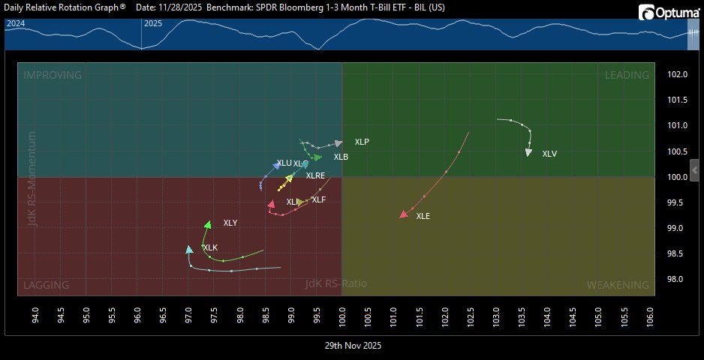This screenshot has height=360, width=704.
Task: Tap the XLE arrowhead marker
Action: [403, 215]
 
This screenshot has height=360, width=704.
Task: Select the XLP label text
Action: [362, 142]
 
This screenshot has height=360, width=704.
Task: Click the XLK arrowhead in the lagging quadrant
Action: [189, 250]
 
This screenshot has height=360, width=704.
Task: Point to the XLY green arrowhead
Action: [208, 224]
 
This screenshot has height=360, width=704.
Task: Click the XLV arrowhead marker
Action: [528, 153]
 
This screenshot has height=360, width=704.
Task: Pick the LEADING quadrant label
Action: [627, 75]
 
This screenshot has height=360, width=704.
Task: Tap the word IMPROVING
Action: [53, 75]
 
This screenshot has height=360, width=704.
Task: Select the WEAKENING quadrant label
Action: [618, 285]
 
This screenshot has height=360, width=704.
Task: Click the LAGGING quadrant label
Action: [47, 285]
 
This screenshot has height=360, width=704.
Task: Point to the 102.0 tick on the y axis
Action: [678, 74]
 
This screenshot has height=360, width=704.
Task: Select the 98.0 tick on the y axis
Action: [678, 279]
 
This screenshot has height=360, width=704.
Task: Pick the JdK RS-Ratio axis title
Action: [336, 283]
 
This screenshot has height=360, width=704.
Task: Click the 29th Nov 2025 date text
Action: [353, 346]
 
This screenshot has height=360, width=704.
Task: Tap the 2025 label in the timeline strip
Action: [153, 23]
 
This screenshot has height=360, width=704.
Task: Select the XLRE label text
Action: [315, 175]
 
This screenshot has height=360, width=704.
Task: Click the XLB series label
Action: [341, 157]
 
